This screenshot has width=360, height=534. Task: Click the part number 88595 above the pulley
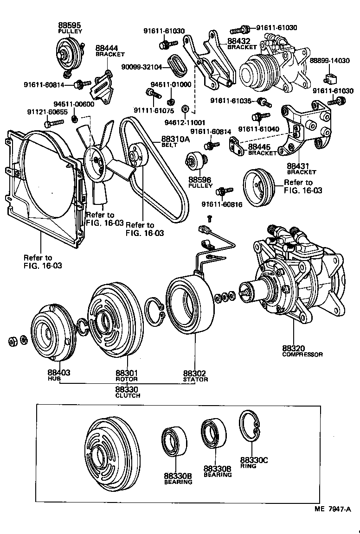pos(70,25)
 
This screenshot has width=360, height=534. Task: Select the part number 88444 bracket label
pos(107,48)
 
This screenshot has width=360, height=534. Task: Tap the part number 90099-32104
pos(142,67)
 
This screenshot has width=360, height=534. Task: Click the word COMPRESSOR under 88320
pos(302,355)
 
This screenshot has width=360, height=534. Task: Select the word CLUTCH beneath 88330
pos(128,395)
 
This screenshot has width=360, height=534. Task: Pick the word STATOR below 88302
pos(195,379)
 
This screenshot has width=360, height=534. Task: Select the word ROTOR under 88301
pos(127,379)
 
